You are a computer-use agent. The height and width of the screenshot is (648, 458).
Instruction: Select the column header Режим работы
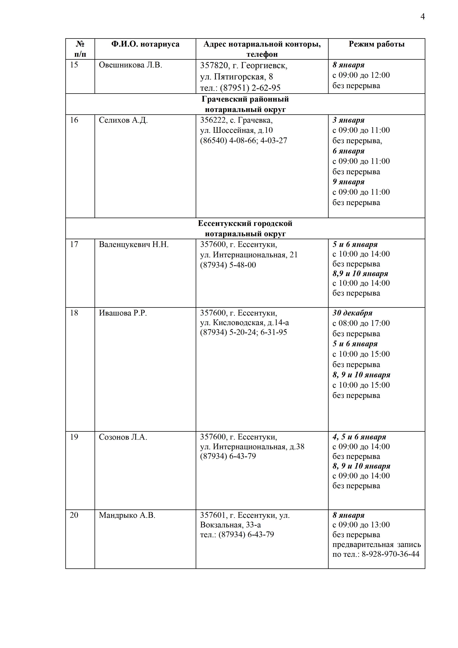pos(376,44)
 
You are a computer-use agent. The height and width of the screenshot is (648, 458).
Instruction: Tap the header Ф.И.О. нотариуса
pos(145,44)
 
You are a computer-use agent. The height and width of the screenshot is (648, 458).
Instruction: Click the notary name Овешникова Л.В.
pos(130,65)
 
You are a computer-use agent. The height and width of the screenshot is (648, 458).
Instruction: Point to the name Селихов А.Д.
pos(123,120)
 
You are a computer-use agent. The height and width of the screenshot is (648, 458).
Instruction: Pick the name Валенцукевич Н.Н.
pos(134,244)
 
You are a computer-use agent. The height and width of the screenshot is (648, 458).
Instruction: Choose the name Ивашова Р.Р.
pos(123,313)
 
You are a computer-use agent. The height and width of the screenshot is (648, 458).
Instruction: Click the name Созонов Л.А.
pos(123,437)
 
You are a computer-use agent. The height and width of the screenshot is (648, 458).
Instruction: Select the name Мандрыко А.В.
pos(127,515)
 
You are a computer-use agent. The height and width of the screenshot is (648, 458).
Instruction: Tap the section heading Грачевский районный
pos(245,99)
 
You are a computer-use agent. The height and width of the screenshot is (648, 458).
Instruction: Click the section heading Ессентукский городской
pos(245,224)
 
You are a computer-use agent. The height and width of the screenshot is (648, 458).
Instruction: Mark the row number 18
pos(74,313)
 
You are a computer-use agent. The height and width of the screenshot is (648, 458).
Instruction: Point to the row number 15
pos(74,65)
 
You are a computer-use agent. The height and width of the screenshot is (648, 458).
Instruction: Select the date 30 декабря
pos(352,313)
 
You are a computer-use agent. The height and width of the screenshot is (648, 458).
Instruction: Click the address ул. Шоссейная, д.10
pos(236,130)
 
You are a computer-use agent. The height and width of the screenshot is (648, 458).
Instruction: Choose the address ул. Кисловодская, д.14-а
pos(244,323)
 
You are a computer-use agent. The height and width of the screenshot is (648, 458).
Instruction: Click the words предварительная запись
pos(376,544)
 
